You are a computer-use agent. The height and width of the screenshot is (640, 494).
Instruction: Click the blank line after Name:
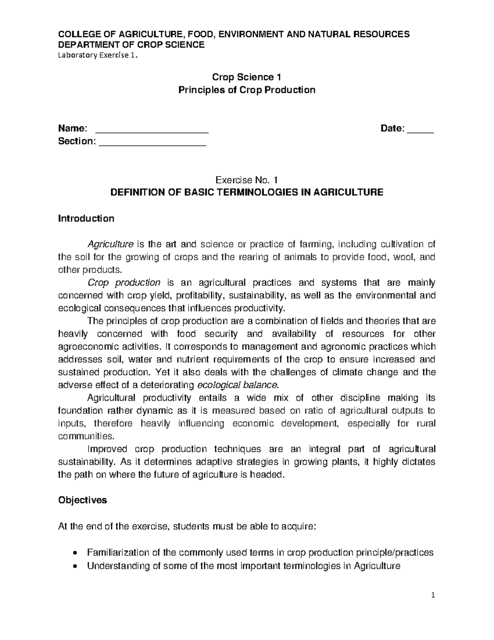click(152, 131)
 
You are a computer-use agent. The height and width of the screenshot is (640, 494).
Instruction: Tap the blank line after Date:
click(420, 131)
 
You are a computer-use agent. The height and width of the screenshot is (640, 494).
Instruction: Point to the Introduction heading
click(86, 218)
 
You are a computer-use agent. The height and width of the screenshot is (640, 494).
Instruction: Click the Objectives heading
click(82, 500)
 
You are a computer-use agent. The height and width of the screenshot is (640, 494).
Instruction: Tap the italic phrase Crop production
click(124, 283)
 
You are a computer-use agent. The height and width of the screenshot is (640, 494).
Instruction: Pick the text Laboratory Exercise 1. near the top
click(96, 57)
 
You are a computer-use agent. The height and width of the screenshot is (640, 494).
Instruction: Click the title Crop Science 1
click(247, 77)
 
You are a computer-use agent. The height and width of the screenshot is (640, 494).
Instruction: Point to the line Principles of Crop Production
click(247, 90)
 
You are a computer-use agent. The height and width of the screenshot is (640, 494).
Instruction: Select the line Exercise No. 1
click(247, 180)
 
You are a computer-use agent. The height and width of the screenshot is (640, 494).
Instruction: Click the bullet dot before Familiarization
click(74, 553)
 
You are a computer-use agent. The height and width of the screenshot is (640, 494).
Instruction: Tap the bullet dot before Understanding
click(74, 566)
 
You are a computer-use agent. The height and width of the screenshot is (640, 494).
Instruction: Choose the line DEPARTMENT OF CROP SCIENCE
click(131, 45)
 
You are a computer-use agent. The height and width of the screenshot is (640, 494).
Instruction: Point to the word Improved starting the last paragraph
click(107, 449)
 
